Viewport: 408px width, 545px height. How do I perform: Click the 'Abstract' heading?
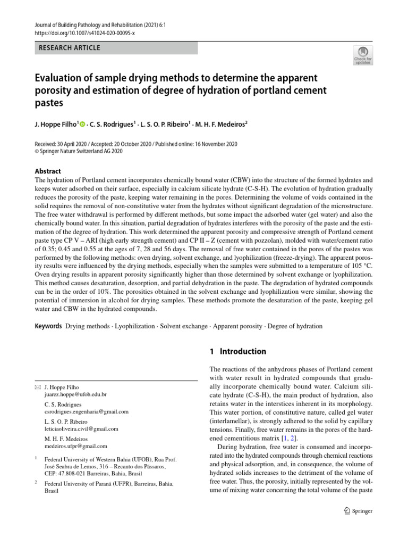click(48, 171)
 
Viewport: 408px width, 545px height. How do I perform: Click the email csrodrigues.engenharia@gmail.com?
click(86, 411)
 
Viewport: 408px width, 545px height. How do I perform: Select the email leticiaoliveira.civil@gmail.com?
click(81, 428)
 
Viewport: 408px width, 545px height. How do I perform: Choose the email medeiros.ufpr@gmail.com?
click(76, 446)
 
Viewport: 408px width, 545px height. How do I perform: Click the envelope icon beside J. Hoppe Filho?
click(37, 387)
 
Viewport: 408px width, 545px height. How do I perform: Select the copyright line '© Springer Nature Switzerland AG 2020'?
click(79, 152)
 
